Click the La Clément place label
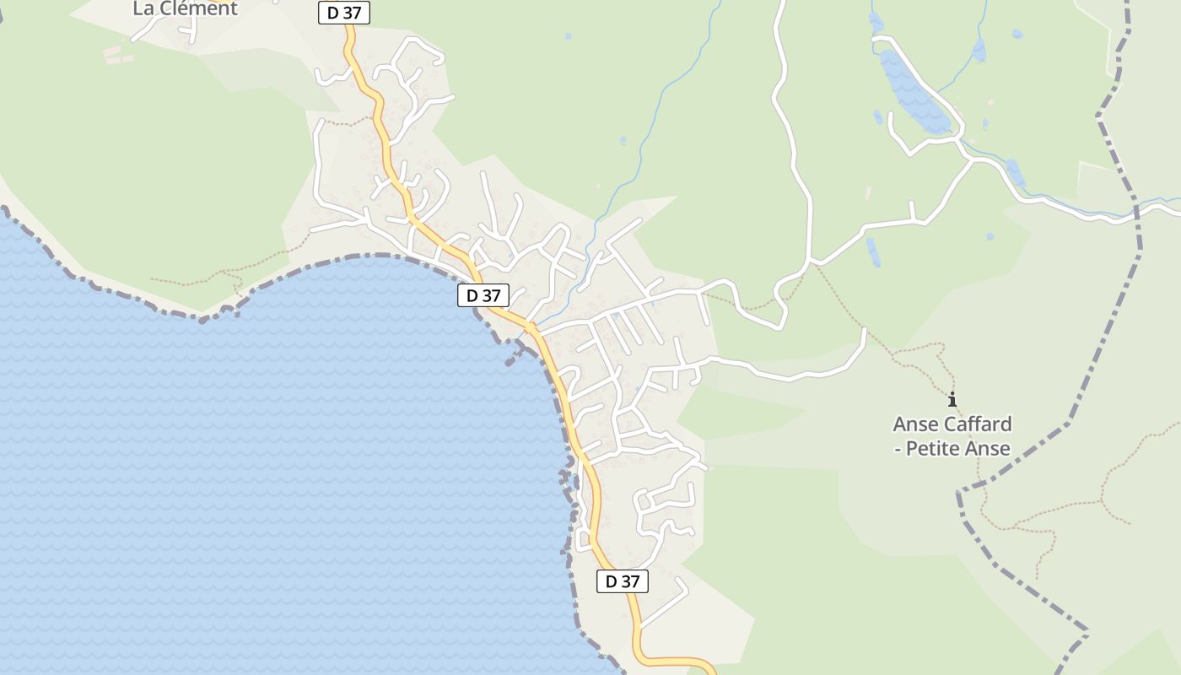tap(186, 8)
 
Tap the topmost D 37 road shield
tap(344, 13)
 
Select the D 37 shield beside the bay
tap(483, 295)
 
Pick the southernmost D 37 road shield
tap(623, 581)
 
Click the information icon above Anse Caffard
tap(952, 399)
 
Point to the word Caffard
tap(977, 424)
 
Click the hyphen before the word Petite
tap(898, 449)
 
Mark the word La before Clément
tap(144, 8)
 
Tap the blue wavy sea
tap(253, 464)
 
